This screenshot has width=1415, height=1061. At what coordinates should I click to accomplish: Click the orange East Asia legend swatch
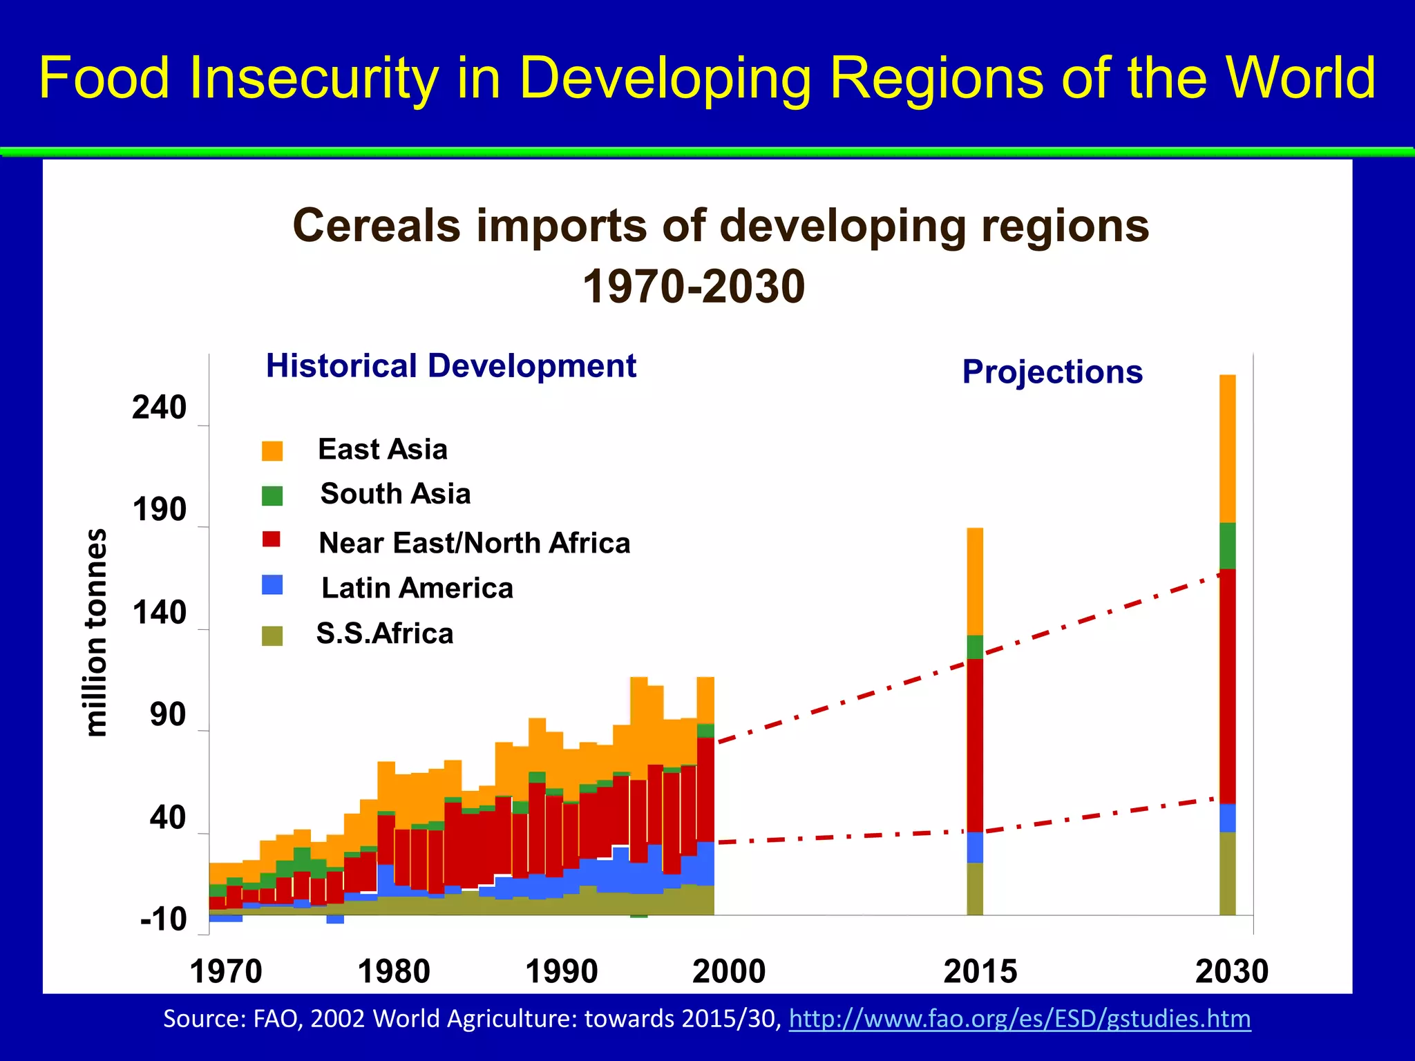point(272,451)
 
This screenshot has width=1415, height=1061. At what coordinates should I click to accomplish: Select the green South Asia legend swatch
point(272,496)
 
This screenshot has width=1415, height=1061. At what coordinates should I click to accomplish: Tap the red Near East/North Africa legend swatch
point(272,539)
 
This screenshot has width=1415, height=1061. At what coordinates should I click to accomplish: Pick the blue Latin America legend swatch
point(272,584)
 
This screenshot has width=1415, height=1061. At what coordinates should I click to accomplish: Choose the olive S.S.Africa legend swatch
point(272,635)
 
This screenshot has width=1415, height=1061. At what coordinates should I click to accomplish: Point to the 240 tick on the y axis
point(160,408)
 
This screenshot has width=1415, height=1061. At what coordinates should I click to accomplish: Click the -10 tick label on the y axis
point(163,920)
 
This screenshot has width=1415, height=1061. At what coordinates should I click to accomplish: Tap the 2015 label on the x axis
point(980,972)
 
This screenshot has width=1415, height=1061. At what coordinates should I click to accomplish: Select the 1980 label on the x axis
point(394,972)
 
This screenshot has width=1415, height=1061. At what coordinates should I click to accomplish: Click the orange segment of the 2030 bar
point(1227,449)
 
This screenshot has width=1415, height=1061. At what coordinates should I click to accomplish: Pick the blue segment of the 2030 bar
point(1227,818)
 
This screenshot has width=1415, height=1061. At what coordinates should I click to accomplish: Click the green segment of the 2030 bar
point(1227,546)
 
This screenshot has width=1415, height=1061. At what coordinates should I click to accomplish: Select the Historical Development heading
point(450,366)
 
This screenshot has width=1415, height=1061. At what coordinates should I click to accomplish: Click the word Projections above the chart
point(1052,372)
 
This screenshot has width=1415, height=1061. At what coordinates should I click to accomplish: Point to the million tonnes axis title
point(97,632)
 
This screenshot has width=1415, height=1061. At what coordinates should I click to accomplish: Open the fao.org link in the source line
point(1019,1019)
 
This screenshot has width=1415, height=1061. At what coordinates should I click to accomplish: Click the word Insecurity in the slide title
point(314,77)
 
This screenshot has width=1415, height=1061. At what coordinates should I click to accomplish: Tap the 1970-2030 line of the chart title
point(694,287)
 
